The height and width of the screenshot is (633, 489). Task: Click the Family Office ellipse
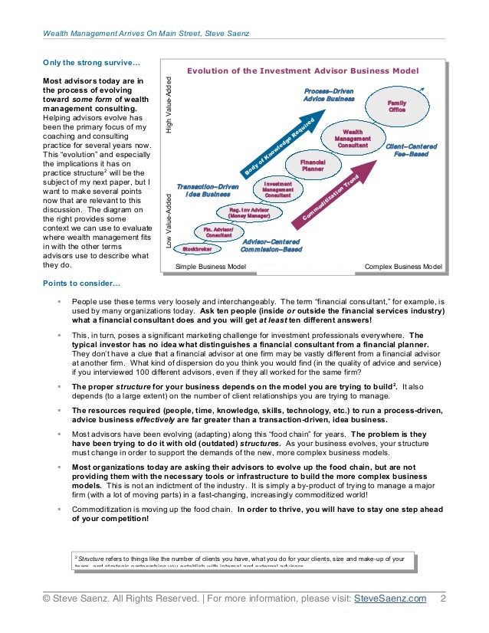[396, 106]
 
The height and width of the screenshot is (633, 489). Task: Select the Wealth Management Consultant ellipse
[353, 138]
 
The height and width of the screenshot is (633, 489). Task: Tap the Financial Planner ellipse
[313, 165]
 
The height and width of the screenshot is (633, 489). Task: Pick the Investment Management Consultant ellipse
[277, 189]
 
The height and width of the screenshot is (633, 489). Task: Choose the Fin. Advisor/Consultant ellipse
[218, 232]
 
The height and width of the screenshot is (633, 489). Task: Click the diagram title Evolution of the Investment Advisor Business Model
[303, 71]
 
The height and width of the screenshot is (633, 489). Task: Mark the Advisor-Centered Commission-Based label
[271, 245]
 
